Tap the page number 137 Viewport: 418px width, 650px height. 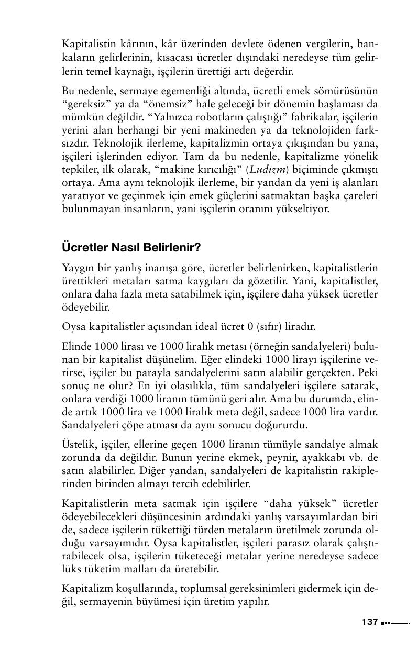point(370,622)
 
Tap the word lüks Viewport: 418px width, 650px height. point(71,568)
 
